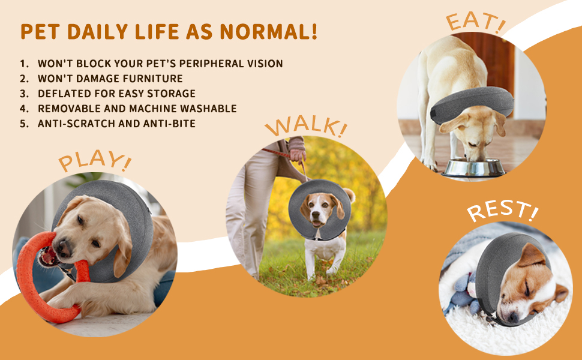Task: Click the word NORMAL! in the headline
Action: tap(268, 32)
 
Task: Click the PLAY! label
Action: tap(95, 160)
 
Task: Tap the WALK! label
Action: tap(306, 127)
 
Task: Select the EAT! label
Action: tap(476, 21)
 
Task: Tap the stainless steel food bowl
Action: tap(473, 167)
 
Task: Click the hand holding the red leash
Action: tap(298, 155)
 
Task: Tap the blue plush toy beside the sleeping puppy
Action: tap(461, 293)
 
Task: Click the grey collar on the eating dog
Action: tap(472, 105)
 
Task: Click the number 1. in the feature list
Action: tap(25, 64)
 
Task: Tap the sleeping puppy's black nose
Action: tap(514, 317)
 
